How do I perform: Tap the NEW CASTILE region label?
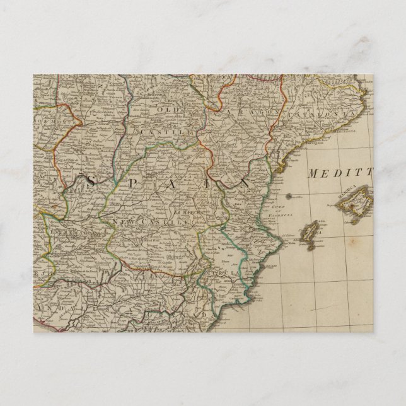tap(142, 223)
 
